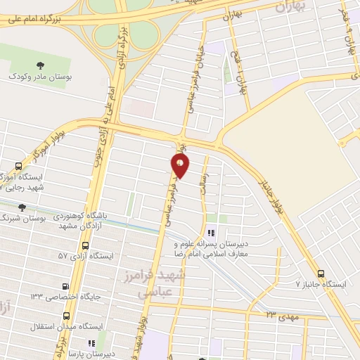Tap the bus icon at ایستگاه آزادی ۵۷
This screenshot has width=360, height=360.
[86, 246]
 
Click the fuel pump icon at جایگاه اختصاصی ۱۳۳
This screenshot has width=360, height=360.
[65, 286]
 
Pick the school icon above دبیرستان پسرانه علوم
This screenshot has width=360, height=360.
[210, 233]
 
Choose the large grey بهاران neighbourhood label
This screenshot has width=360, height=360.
[292, 7]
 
